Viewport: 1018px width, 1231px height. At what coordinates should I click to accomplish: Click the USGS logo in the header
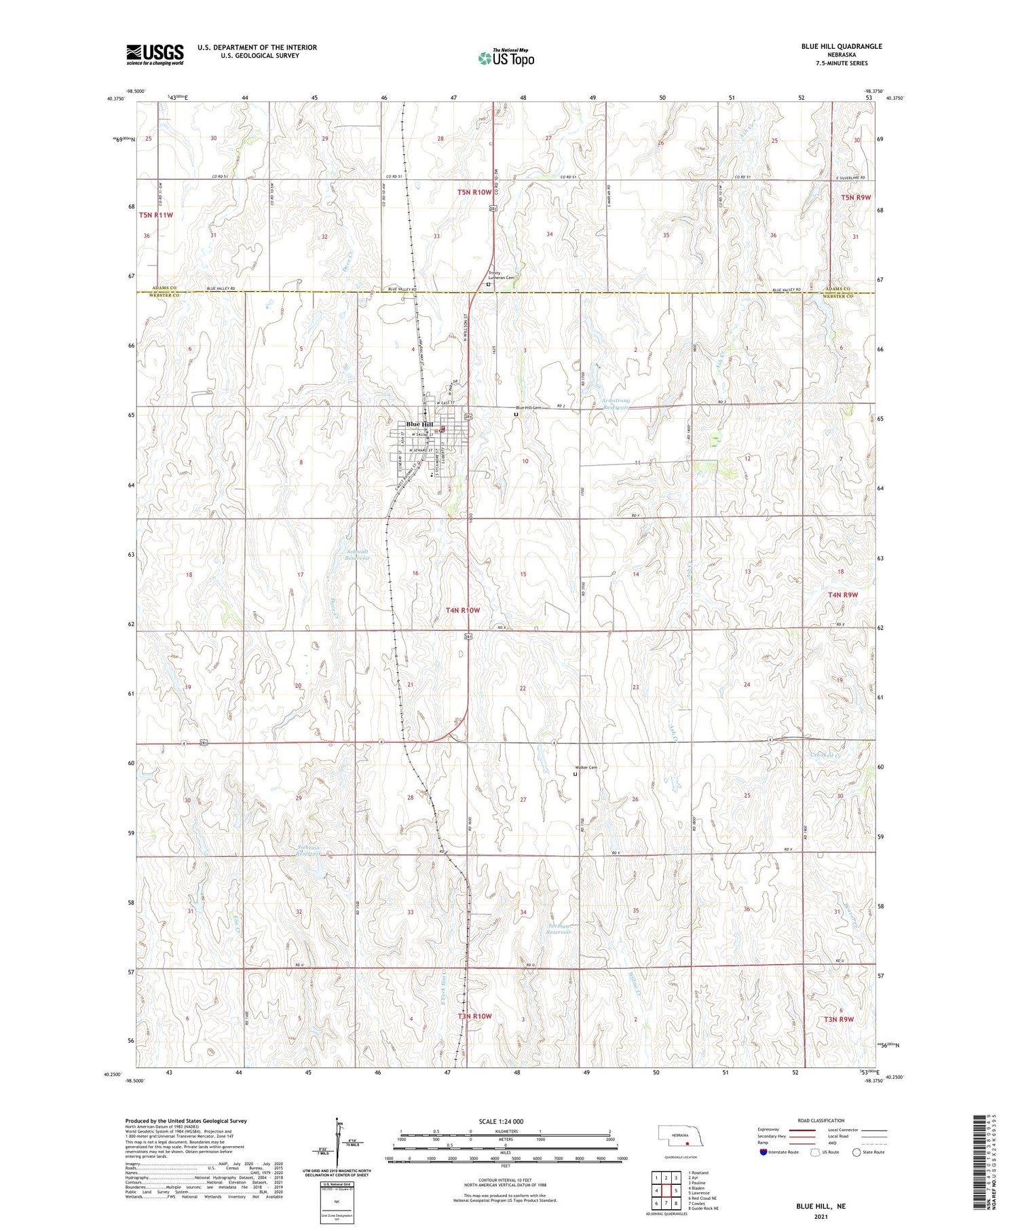(x=155, y=54)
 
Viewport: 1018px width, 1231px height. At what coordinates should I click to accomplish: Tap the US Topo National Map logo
(x=506, y=58)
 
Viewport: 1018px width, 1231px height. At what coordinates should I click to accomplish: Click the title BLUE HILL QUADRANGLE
(x=842, y=46)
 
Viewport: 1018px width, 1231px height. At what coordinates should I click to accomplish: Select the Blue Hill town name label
(x=419, y=424)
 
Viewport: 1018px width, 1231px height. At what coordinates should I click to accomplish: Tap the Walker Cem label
(x=586, y=768)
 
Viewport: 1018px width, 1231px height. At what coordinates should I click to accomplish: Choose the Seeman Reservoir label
(x=559, y=929)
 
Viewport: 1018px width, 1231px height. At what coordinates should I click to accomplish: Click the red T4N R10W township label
(x=463, y=610)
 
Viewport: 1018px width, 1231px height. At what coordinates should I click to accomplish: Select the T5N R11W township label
(x=156, y=215)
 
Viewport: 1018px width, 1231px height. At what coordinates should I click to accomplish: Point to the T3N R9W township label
(x=839, y=1019)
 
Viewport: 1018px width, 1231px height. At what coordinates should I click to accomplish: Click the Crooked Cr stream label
(x=826, y=756)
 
